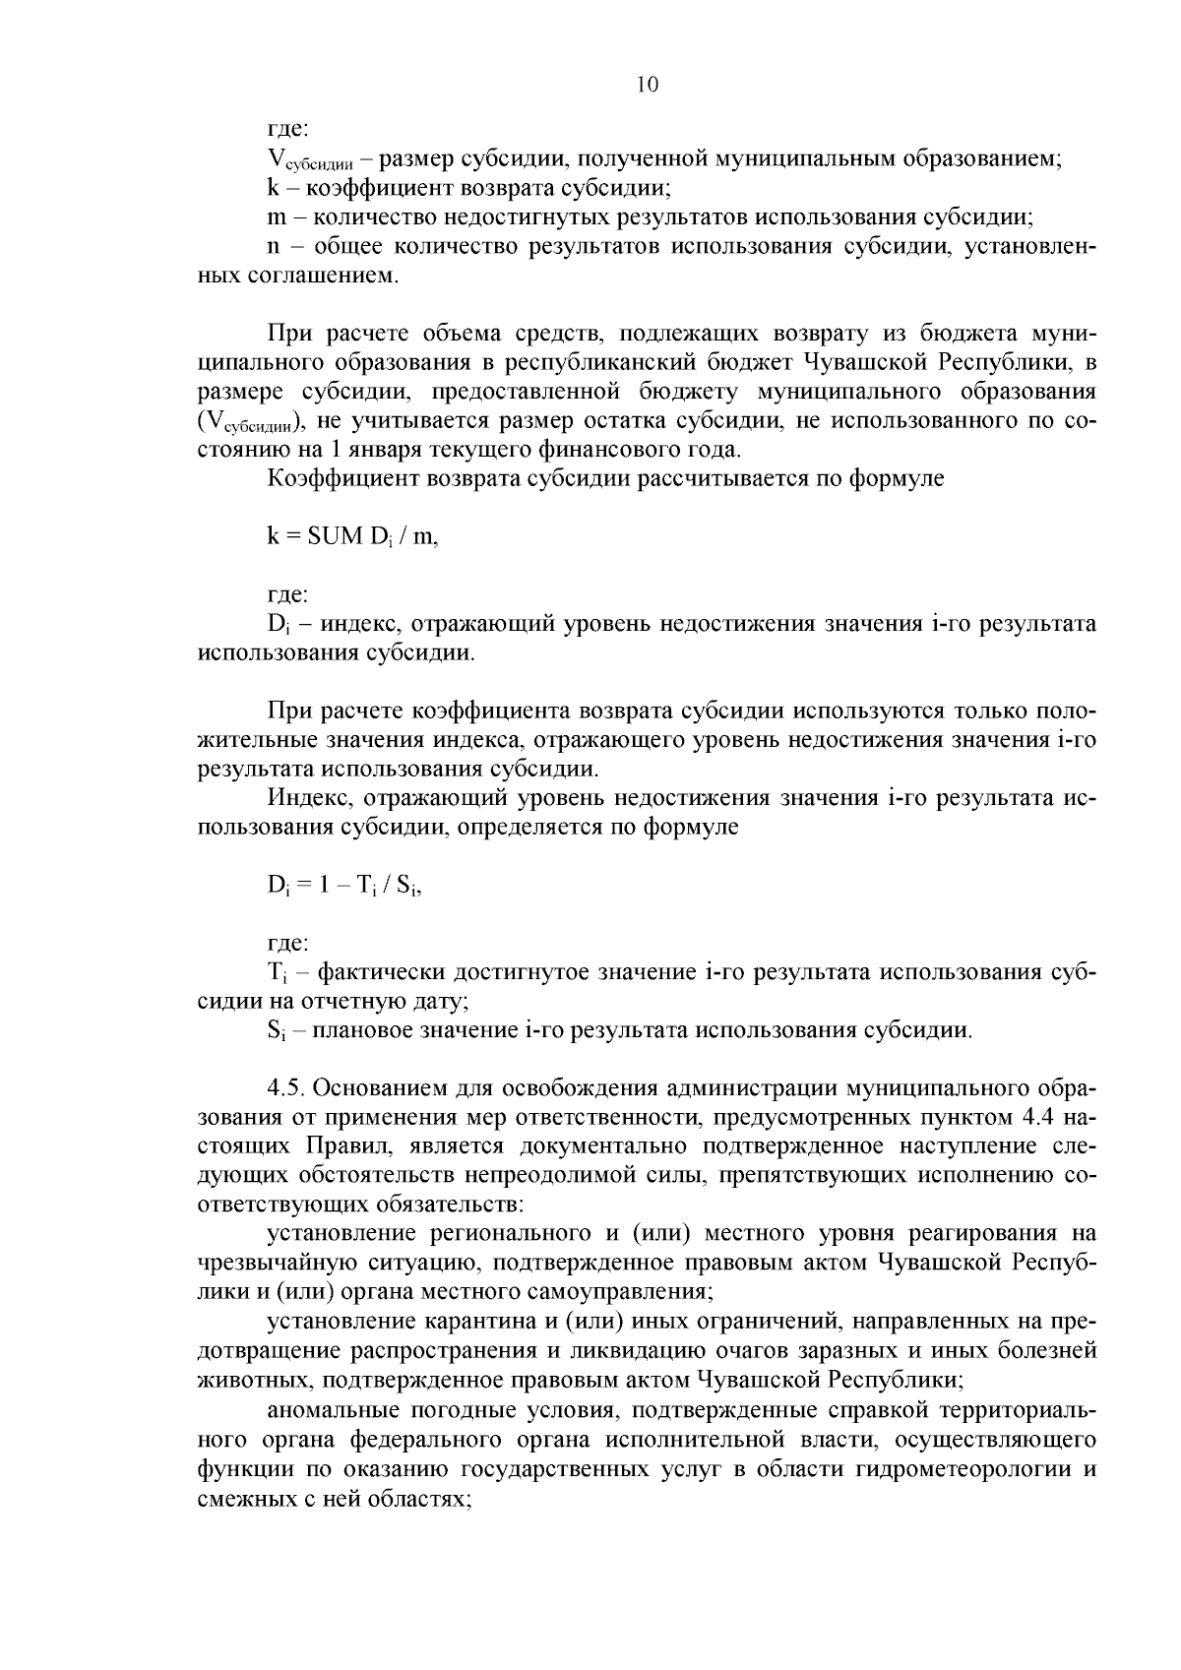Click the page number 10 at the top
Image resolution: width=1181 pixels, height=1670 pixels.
647,85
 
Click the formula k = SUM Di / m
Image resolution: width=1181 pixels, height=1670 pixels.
352,537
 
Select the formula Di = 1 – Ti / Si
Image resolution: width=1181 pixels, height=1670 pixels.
343,885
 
